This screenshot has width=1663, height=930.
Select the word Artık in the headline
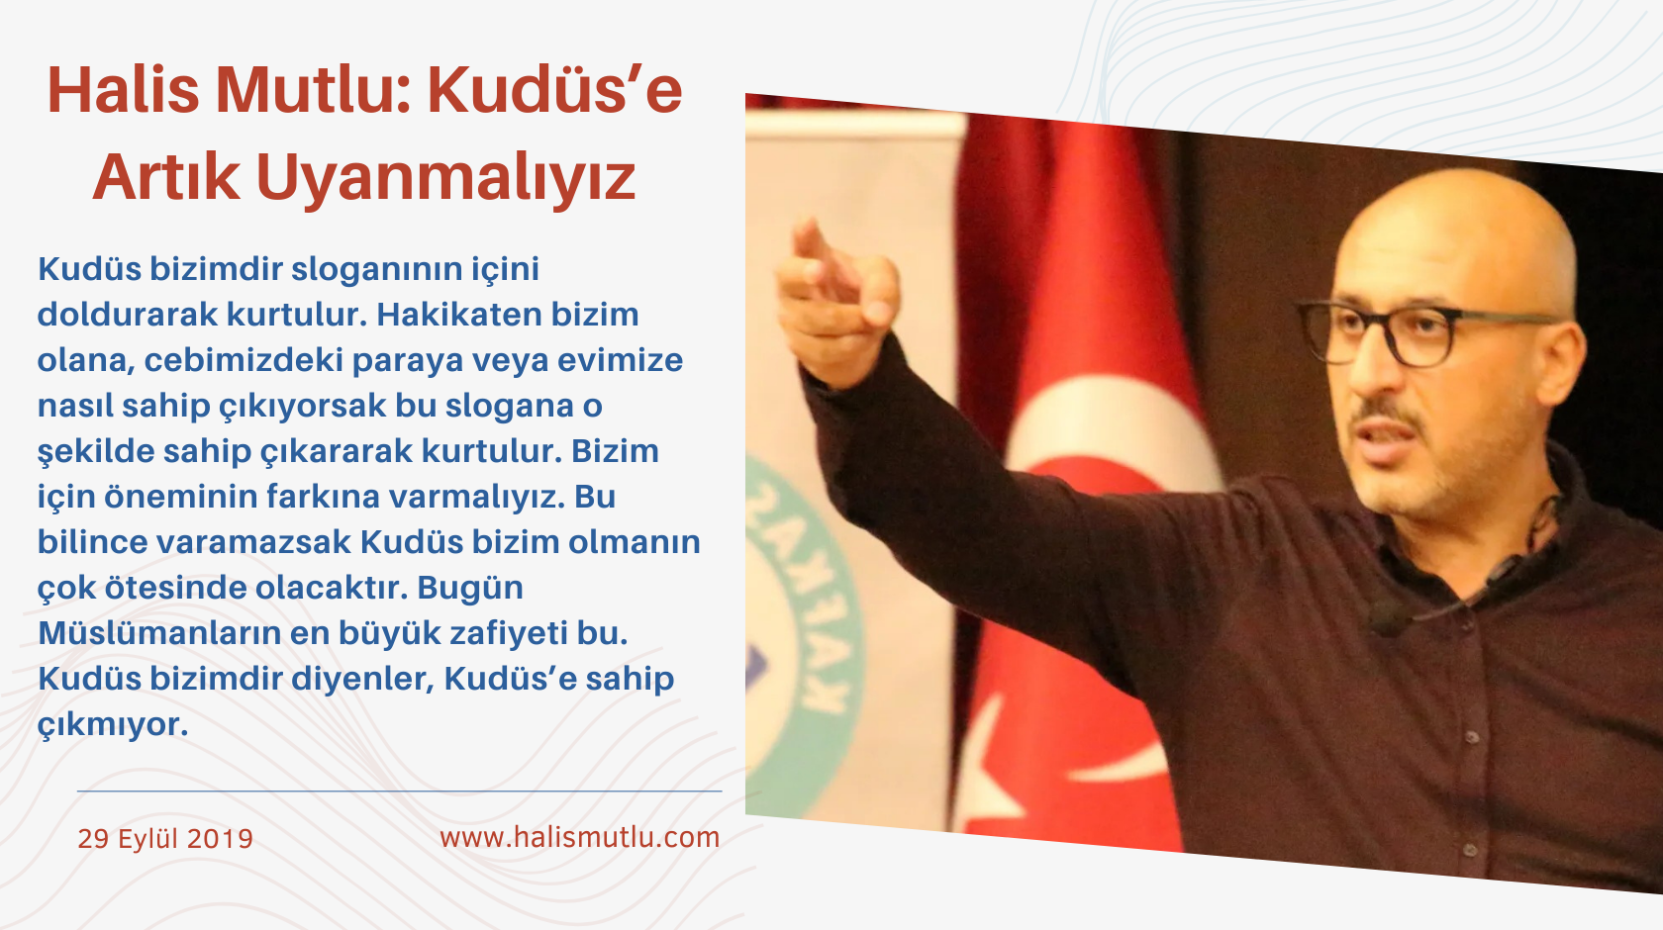166,178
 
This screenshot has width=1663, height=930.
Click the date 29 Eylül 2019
165,839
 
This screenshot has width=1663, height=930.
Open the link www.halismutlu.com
579,837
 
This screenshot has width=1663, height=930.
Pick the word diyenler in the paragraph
376,679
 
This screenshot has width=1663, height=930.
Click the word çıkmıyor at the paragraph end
112,724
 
